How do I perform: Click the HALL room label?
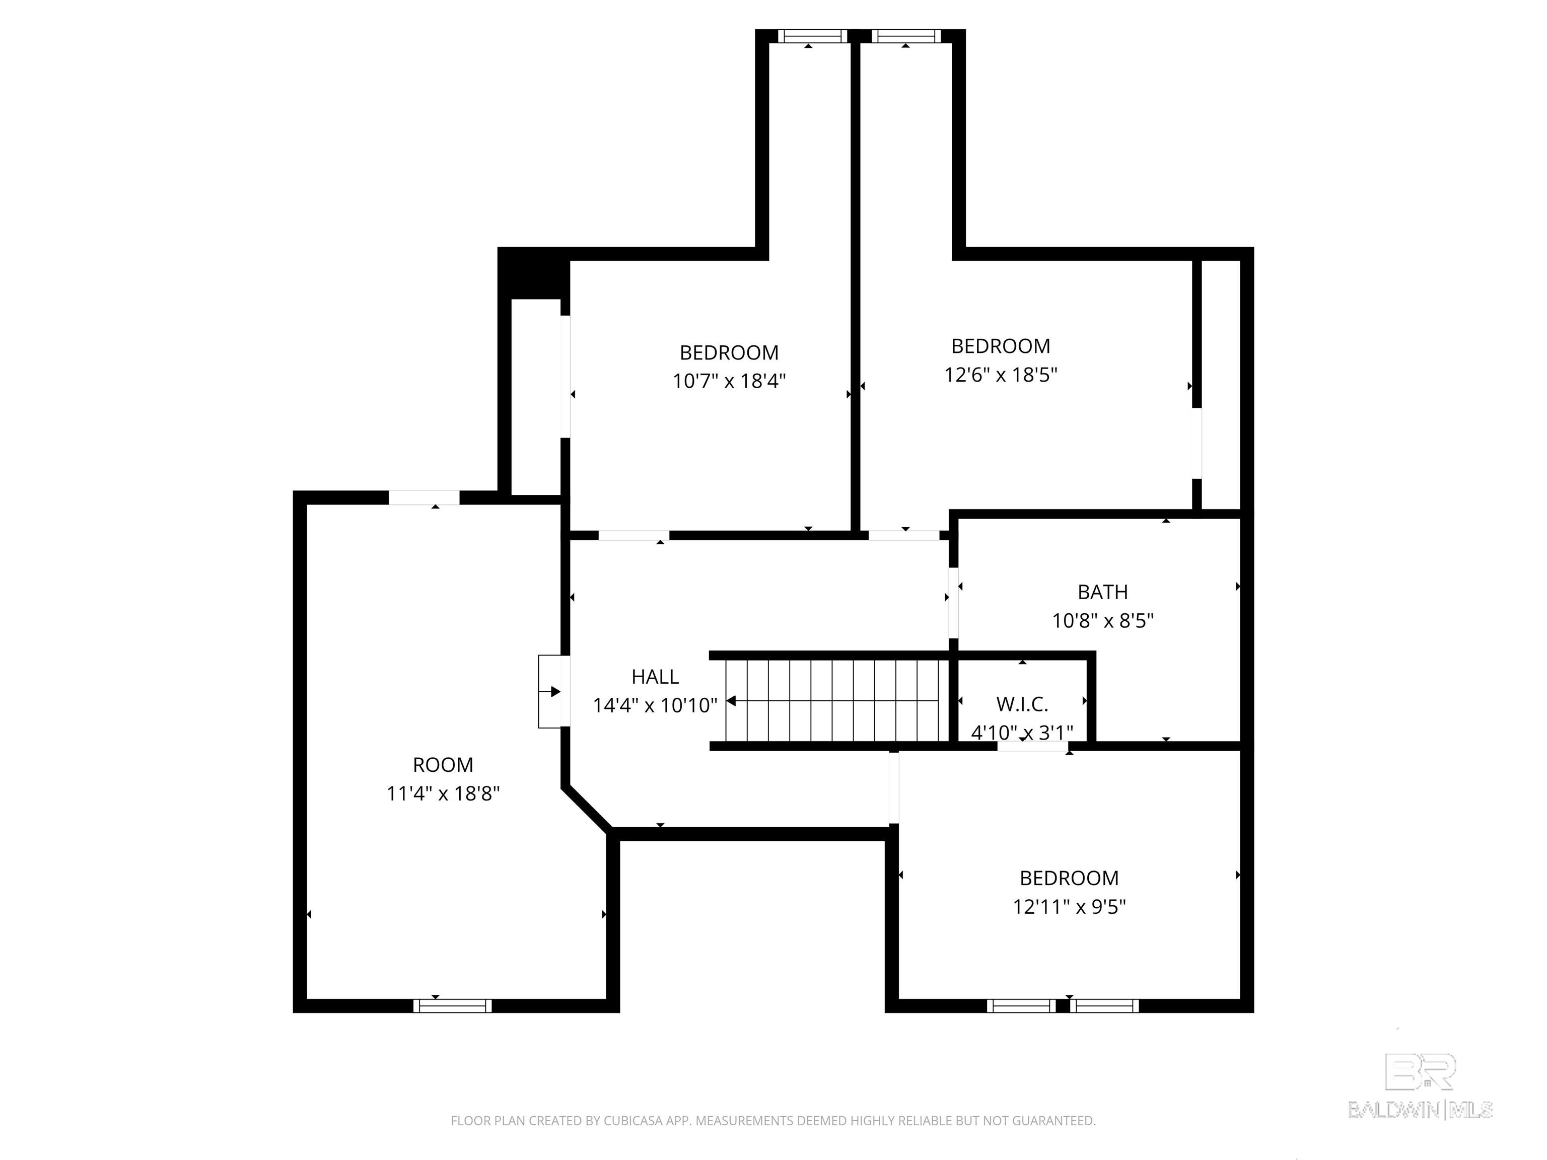point(655,676)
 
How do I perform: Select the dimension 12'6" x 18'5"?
point(1000,375)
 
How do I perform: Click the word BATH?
point(1102,592)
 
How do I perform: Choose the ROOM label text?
point(443,765)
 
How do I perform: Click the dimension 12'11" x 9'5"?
point(1069,907)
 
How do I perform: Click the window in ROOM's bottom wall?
point(453,1005)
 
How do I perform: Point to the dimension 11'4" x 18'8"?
point(443,793)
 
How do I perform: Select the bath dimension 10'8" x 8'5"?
point(1102,621)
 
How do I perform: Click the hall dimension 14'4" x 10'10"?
point(655,705)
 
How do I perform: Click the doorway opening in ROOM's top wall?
point(424,498)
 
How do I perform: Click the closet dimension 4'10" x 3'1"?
point(1022,732)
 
